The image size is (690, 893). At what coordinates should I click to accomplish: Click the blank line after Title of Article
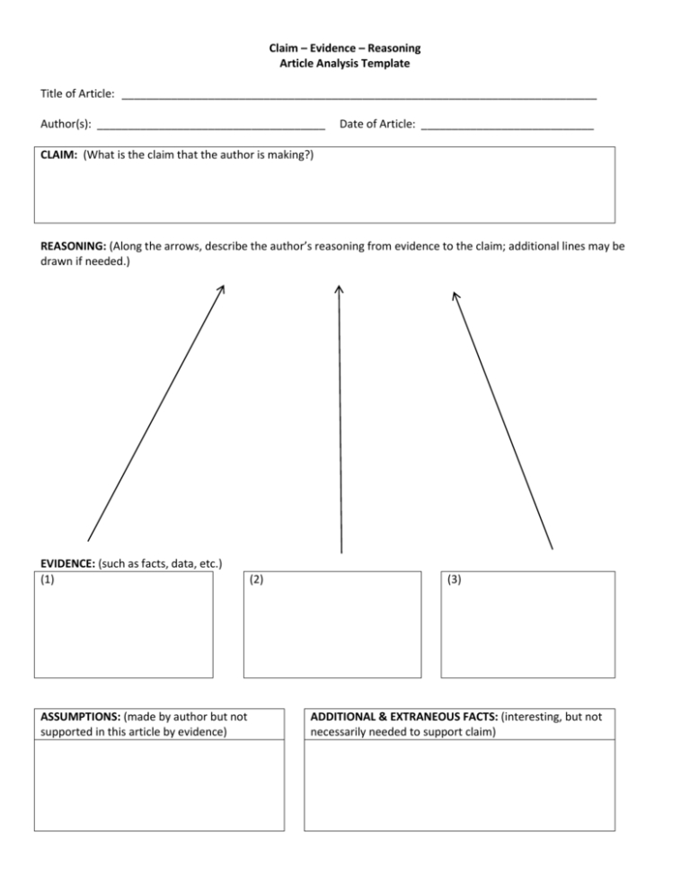[359, 95]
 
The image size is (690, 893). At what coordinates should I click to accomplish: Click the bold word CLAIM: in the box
[58, 155]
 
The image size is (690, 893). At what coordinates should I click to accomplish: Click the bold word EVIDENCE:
[69, 564]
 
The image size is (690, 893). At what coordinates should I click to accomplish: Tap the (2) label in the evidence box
[257, 579]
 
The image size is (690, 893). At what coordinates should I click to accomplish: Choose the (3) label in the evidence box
[454, 579]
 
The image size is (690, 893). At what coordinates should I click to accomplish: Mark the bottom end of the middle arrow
[340, 552]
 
